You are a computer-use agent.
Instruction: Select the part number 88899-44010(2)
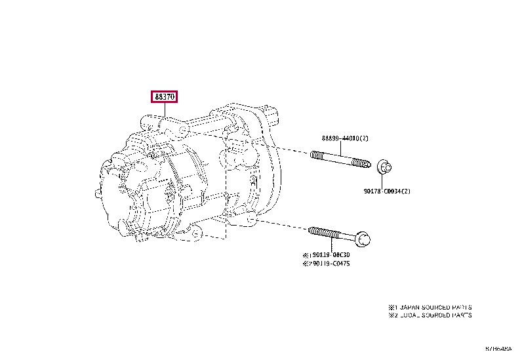coord(345,138)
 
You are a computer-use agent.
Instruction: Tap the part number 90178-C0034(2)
coord(387,191)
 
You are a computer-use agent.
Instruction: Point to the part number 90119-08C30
coord(329,254)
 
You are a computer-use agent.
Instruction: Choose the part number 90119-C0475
coord(329,264)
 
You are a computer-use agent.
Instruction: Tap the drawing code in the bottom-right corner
coord(498,348)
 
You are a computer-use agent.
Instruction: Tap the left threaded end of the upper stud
coord(316,156)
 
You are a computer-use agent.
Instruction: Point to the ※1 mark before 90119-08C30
coord(307,254)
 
